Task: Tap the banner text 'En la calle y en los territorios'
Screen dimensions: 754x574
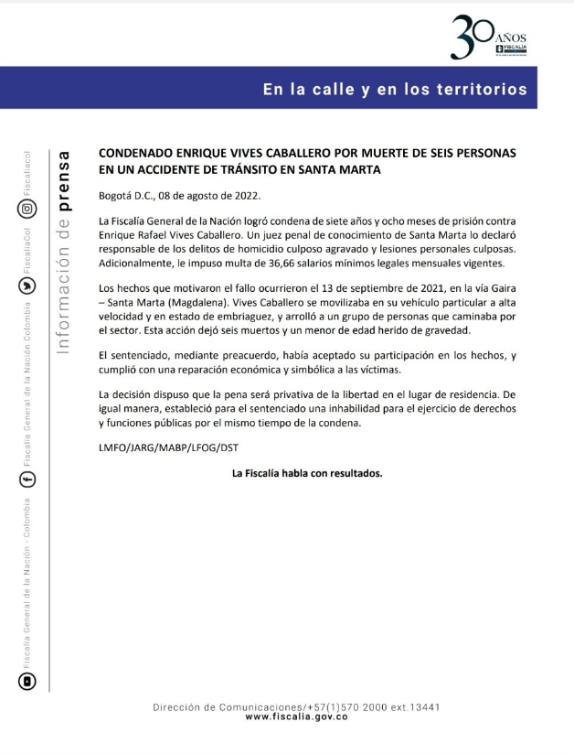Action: point(395,90)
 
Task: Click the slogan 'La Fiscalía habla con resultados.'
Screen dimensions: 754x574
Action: point(307,473)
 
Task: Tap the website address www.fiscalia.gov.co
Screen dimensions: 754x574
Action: point(297,717)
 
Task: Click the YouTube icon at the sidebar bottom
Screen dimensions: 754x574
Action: point(28,680)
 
